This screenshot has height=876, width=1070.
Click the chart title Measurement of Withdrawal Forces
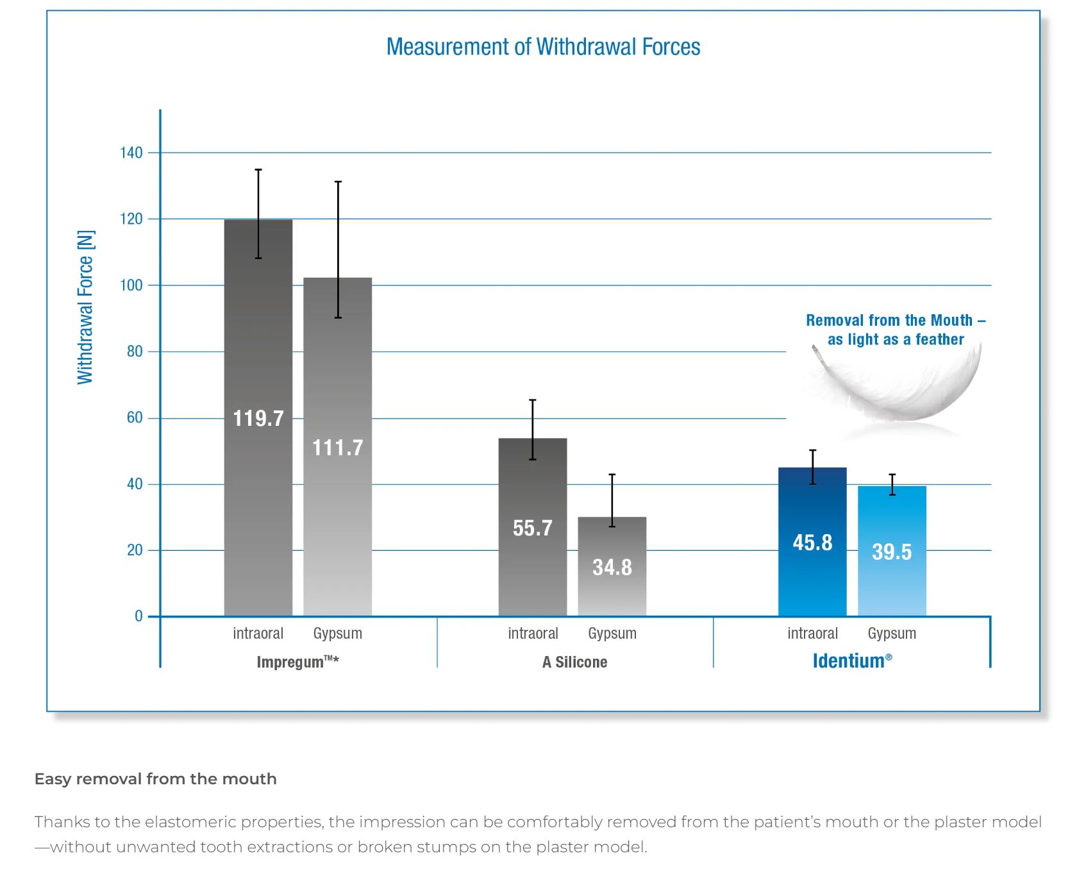pos(543,47)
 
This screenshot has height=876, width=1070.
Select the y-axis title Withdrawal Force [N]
pos(85,307)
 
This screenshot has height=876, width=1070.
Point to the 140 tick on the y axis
pos(131,153)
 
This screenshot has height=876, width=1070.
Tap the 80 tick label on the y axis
pos(135,351)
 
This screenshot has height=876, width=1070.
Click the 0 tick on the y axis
pos(138,616)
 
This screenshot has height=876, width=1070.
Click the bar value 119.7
pos(258,419)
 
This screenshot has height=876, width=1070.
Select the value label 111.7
pos(337,447)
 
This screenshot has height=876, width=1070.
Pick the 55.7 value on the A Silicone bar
pos(532,528)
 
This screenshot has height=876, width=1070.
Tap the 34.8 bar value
pos(612,568)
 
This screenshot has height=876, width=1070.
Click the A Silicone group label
pos(574,662)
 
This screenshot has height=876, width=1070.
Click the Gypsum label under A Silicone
pos(612,634)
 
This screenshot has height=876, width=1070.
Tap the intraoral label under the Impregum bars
pos(258,634)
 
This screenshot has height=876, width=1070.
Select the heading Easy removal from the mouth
pos(156,779)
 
